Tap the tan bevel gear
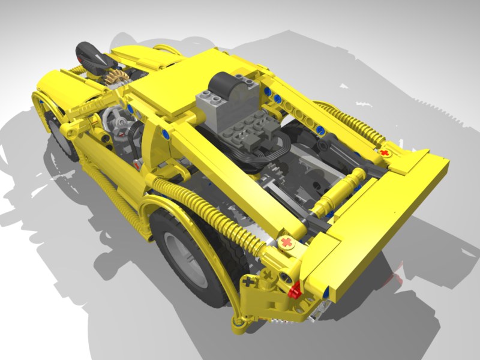click(x=116, y=77)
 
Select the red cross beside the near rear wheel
click(x=287, y=242)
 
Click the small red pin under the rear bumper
click(x=295, y=292)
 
